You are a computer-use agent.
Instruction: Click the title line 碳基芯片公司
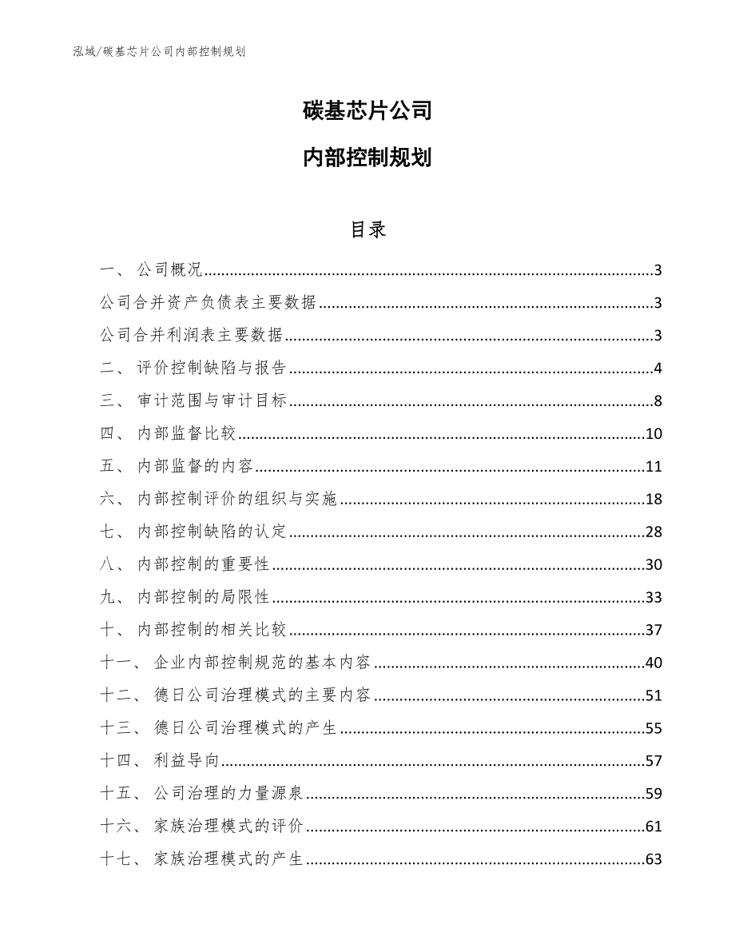point(367,111)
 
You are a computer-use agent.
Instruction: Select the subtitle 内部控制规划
point(367,157)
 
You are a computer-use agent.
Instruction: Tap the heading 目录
point(367,229)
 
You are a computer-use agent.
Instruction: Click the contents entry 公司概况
point(170,270)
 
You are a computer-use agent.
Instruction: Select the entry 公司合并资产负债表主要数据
point(209,303)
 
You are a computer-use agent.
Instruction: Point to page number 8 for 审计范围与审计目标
point(658,401)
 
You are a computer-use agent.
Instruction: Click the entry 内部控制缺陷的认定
point(212,532)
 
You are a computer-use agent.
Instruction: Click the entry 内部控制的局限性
point(203,598)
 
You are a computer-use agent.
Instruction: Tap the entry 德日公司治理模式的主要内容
point(263,695)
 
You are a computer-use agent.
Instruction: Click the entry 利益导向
point(186,761)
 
